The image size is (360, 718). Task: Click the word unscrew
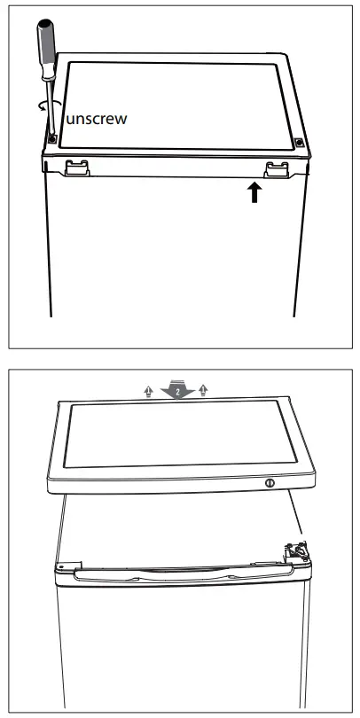point(96,119)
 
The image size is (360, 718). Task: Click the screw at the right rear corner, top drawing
point(299,142)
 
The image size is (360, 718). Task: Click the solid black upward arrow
point(255,192)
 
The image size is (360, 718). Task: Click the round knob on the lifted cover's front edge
point(269,483)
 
